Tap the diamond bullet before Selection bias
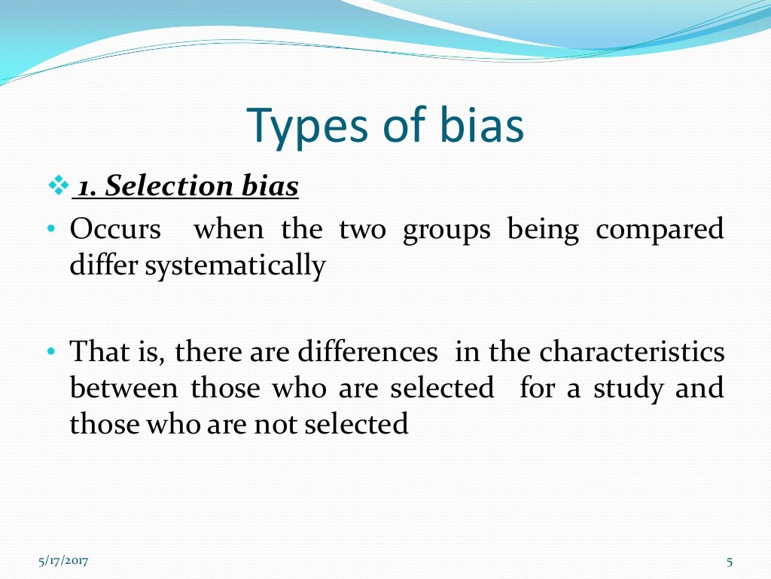coord(57,186)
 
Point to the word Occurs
coord(115,230)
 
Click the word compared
coord(660,230)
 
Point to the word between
coord(124,388)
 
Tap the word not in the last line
coord(276,424)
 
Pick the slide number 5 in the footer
coord(730,560)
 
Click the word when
coord(229,230)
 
